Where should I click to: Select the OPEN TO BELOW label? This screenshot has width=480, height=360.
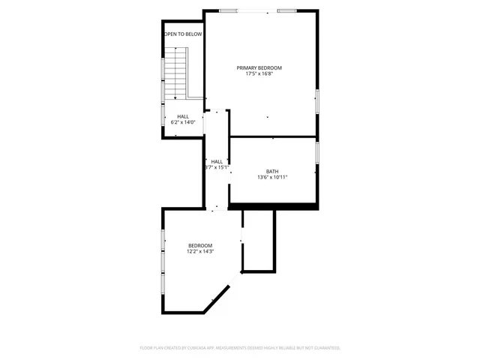184,34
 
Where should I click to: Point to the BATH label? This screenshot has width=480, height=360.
271,171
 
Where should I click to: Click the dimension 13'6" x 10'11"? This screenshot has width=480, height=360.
271,177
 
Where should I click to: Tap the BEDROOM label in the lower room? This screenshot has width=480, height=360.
200,245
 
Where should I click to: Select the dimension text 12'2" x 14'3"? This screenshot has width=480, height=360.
200,251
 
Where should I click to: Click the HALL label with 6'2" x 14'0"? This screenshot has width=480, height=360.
183,116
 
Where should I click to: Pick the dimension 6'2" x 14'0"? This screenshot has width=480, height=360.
183,122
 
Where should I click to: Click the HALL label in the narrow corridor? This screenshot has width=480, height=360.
217,161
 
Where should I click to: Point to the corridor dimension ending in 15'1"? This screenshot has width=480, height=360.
217,167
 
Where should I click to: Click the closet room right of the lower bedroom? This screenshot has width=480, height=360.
259,240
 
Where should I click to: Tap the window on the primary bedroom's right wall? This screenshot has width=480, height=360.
317,100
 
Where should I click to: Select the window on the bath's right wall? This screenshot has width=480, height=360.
317,152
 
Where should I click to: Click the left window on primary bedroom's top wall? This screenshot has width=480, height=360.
229,10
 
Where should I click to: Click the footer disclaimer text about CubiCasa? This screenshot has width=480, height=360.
240,348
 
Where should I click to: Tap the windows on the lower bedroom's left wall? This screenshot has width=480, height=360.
163,251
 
